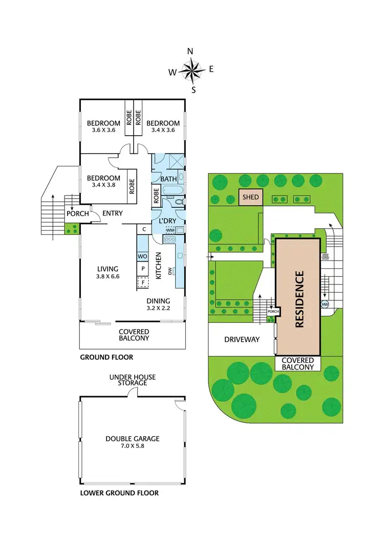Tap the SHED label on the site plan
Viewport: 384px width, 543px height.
[251, 197]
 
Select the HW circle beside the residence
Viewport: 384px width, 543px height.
[325, 304]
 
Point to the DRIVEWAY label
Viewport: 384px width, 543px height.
[242, 339]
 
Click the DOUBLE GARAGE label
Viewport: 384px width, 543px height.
[133, 439]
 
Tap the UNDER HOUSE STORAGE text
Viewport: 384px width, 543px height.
[133, 380]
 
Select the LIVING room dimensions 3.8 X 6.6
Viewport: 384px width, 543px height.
[108, 276]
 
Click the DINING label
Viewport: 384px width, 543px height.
[158, 301]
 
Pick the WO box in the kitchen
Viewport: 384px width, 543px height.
[142, 256]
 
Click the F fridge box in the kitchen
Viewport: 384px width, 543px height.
[142, 282]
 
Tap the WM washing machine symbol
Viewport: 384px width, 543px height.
[170, 231]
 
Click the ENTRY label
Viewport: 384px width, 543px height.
[112, 213]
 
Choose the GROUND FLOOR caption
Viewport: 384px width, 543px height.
[106, 357]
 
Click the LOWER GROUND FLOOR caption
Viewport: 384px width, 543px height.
[119, 493]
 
